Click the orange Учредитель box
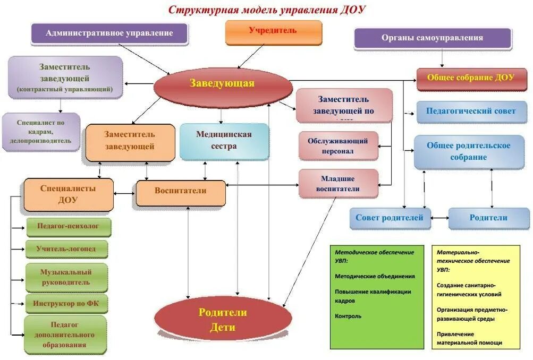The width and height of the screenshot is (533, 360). (274, 31)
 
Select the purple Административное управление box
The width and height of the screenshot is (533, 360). (109, 33)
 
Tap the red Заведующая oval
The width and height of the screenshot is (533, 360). (222, 84)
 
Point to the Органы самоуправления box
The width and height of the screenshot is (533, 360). (432, 38)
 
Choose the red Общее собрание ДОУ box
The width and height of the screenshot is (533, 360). (471, 78)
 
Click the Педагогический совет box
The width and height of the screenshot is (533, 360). (471, 112)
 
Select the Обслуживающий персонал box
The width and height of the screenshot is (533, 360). (338, 145)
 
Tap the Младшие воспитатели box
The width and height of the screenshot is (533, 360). (338, 184)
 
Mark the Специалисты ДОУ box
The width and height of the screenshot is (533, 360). (68, 194)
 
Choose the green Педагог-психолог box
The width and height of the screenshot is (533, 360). (68, 226)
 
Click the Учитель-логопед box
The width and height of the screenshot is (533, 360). (66, 248)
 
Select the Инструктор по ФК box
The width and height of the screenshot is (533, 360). (66, 304)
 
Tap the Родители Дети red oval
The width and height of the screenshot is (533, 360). (223, 320)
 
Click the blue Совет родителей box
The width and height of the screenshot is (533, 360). (390, 218)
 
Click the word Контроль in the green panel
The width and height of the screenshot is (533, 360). (348, 316)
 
